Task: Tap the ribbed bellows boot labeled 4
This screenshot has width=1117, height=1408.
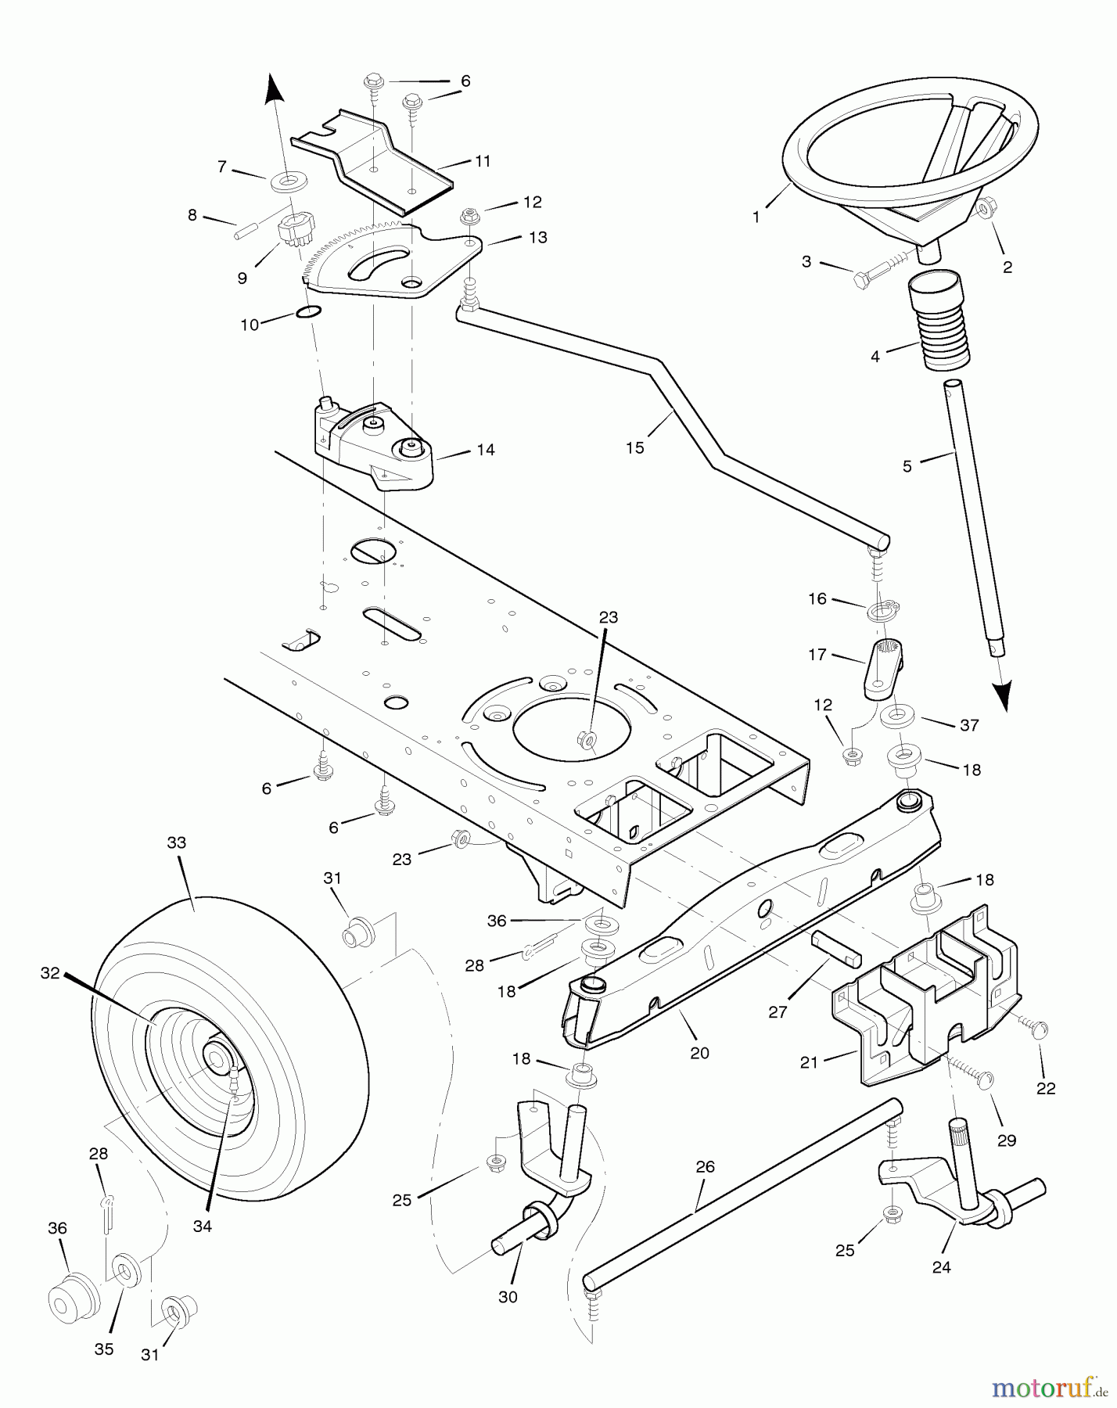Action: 939,321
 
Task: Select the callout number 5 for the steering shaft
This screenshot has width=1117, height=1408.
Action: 907,467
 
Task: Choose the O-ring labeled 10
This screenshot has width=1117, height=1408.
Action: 309,313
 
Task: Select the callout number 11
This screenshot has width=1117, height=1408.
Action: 483,161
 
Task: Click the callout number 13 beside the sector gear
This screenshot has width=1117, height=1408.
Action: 538,237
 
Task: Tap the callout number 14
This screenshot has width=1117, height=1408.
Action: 486,450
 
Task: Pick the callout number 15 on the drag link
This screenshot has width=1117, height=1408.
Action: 635,447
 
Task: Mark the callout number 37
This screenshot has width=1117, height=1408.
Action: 969,725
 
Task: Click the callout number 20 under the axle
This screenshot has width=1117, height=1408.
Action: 699,1052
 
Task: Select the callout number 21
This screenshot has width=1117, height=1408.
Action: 809,1061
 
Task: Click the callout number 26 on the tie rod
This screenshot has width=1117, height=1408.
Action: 705,1167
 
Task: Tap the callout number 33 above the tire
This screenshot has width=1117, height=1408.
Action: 177,842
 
